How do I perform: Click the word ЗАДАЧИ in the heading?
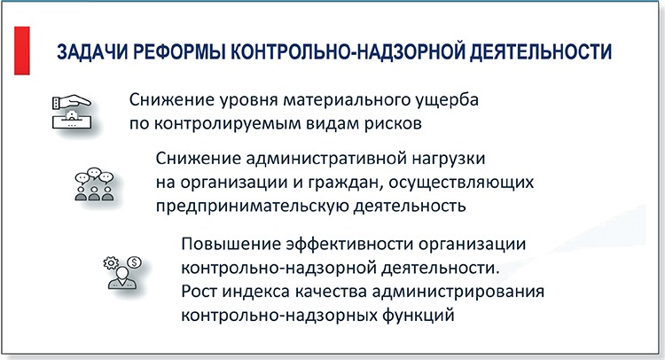86,51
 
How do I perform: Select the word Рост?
199,290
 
